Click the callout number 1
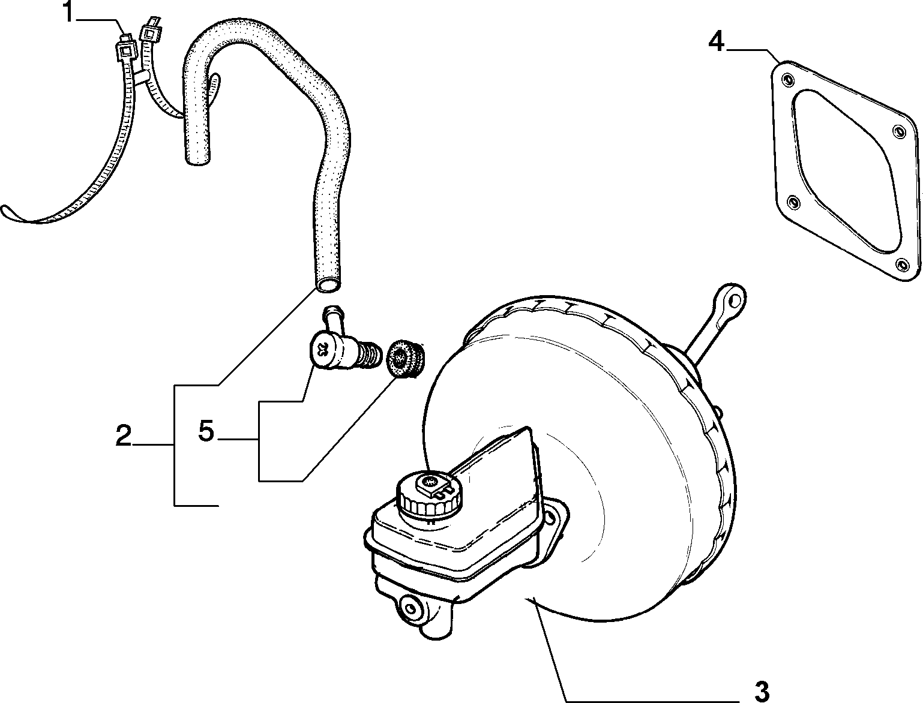tap(70, 13)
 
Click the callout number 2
tap(124, 435)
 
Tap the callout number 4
tap(717, 43)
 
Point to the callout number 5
tap(206, 431)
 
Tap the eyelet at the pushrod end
tap(734, 301)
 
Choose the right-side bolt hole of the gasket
tap(898, 132)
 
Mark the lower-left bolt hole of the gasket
tap(793, 202)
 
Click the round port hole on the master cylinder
tap(409, 606)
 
